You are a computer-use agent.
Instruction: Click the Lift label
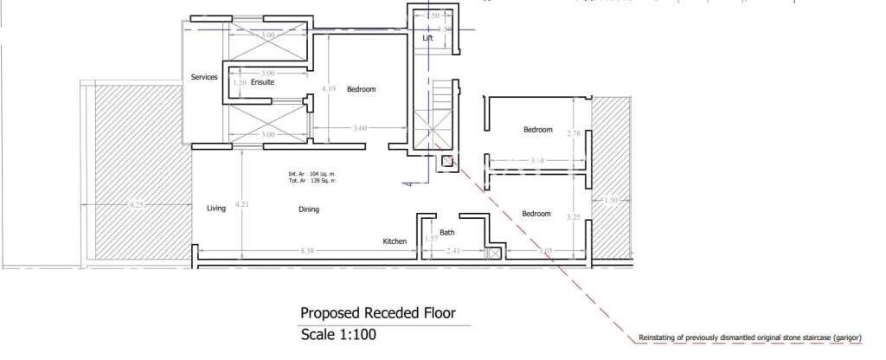[427, 39]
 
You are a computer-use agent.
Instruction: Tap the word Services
[204, 77]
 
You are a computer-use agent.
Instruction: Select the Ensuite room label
[263, 82]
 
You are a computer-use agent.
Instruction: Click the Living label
[216, 209]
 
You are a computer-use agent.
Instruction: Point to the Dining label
[309, 209]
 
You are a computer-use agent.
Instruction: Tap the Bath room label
[447, 232]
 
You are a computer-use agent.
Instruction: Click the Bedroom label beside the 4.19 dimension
[362, 89]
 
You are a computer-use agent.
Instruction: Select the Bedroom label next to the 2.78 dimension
[537, 130]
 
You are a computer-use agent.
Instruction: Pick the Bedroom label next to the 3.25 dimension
[536, 214]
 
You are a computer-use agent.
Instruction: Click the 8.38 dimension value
[307, 252]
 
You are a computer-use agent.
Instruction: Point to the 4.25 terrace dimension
[136, 205]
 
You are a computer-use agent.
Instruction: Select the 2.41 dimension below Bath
[453, 252]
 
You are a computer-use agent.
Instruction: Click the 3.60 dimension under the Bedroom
[360, 129]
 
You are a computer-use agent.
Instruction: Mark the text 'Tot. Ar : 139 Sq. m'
[311, 180]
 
